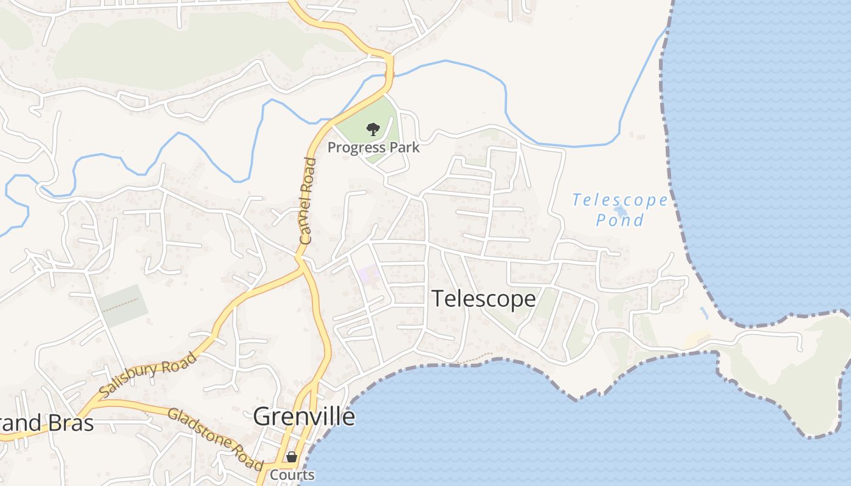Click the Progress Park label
373,148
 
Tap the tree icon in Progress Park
373,129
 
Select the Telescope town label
483,299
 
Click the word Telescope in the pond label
619,200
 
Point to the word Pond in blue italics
619,220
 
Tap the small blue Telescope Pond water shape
620,211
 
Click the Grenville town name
303,417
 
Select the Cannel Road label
308,200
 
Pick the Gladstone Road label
214,437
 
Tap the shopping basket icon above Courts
292,457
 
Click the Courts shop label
292,475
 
